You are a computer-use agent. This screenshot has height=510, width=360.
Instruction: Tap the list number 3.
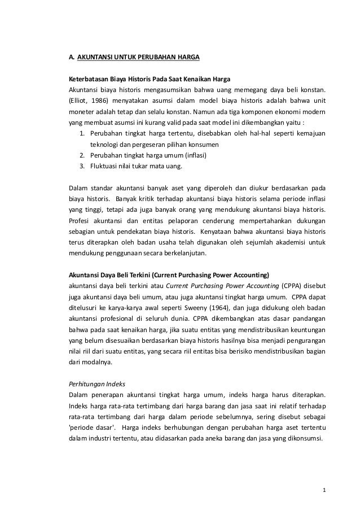pos(82,166)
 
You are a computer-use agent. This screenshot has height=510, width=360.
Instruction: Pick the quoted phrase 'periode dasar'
pos(89,425)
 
